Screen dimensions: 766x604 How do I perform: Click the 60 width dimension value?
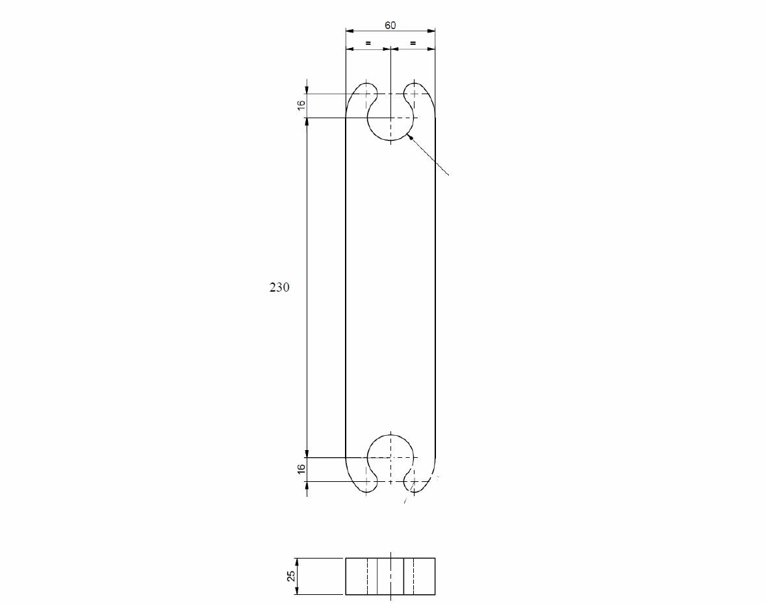tap(390, 25)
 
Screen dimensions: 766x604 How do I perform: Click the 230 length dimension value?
tap(279, 287)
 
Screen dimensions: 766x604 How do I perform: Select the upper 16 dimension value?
tap(301, 104)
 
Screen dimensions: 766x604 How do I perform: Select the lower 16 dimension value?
tap(301, 468)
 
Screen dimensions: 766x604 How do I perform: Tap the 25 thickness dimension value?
tap(291, 576)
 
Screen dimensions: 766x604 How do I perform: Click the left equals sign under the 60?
tap(368, 43)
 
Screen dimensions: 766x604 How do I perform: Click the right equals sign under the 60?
tap(413, 43)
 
